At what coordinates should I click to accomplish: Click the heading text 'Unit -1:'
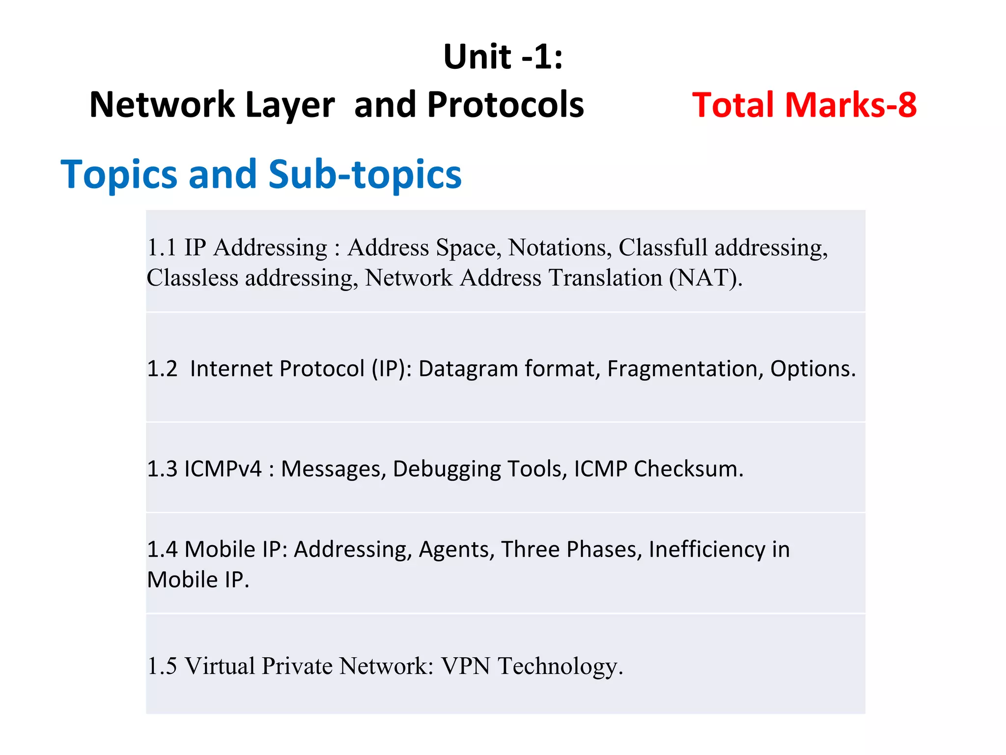pos(503,57)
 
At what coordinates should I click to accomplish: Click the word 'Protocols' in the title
pos(505,105)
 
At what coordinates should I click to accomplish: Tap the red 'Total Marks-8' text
pos(804,105)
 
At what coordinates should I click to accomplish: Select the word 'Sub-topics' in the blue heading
pos(365,174)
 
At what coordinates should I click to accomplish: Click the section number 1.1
pos(162,247)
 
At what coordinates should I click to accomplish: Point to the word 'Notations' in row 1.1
pos(559,247)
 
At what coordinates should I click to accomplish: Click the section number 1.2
pos(162,369)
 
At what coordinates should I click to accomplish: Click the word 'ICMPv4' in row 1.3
pos(223,469)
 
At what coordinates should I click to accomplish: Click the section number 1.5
pos(162,666)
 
